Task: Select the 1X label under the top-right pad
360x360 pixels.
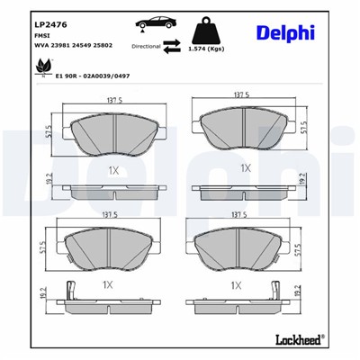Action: (x=244, y=168)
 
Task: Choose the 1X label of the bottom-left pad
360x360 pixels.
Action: (x=107, y=283)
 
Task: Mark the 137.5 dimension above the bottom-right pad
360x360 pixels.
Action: (x=241, y=216)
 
